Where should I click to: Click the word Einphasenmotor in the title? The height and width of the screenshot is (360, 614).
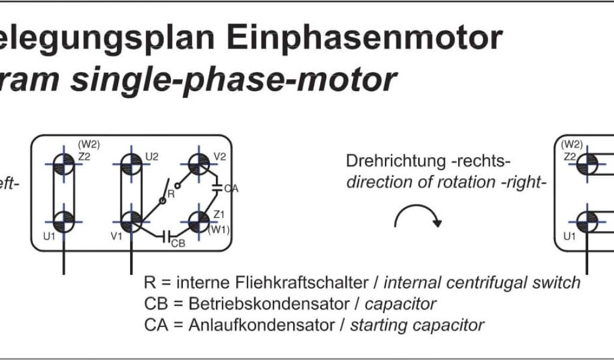click(x=365, y=38)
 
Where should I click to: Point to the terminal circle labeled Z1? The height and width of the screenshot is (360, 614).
click(x=198, y=220)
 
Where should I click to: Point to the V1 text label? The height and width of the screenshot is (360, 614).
click(x=116, y=236)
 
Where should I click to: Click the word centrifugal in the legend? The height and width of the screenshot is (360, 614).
click(x=474, y=282)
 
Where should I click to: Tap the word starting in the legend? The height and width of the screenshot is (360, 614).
click(x=376, y=326)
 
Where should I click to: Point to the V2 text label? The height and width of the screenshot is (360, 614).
click(x=219, y=157)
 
